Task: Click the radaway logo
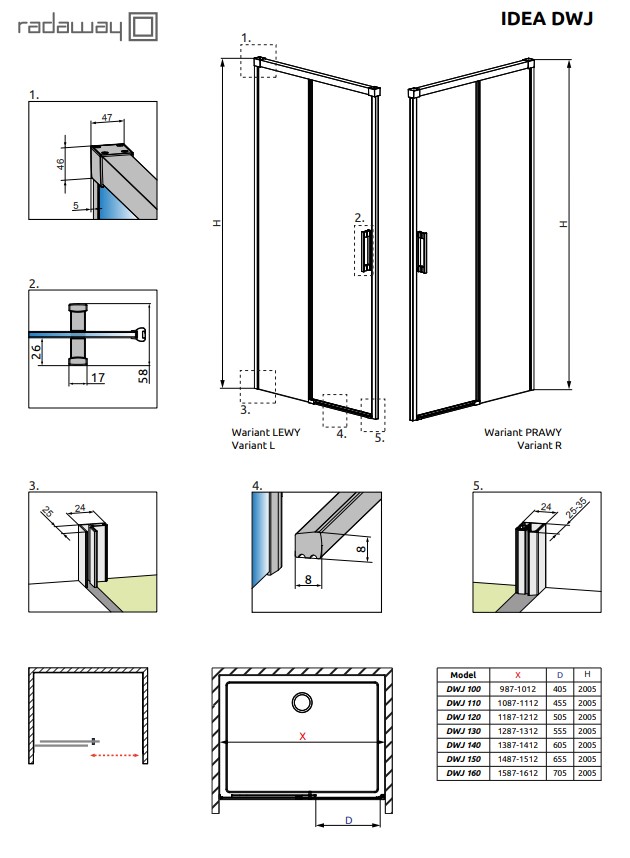pos(89,29)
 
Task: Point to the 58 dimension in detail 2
pos(142,374)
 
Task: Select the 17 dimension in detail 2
pos(96,377)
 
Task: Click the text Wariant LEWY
pos(265,433)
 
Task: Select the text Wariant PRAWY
pos(522,433)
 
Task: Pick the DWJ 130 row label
pos(463,731)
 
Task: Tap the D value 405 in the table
pos(560,689)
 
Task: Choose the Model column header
pos(463,675)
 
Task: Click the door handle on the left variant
pos(368,250)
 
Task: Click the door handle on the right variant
pos(425,251)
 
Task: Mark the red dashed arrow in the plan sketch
pos(113,756)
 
